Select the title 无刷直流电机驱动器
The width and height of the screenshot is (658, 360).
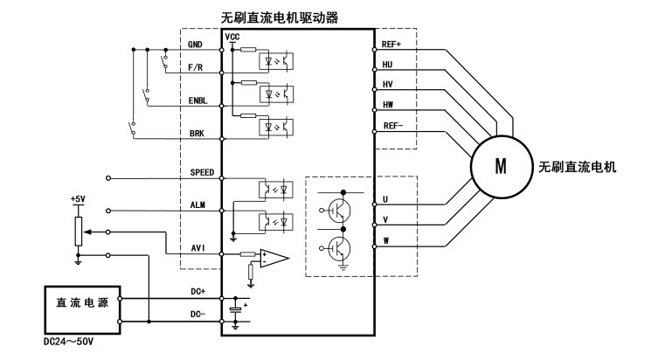[x=295, y=17]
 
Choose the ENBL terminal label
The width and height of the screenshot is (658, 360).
[x=197, y=100]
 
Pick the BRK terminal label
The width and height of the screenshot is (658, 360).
[x=197, y=135]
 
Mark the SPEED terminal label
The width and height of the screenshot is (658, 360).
[x=202, y=172]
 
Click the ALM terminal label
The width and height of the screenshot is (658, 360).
[x=197, y=204]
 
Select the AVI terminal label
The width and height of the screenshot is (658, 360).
[x=198, y=247]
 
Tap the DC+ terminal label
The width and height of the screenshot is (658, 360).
[x=198, y=291]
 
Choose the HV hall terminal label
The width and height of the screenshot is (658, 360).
[x=388, y=84]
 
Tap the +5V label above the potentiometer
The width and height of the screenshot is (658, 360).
[x=80, y=198]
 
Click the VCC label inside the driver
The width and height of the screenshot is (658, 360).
[x=232, y=37]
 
